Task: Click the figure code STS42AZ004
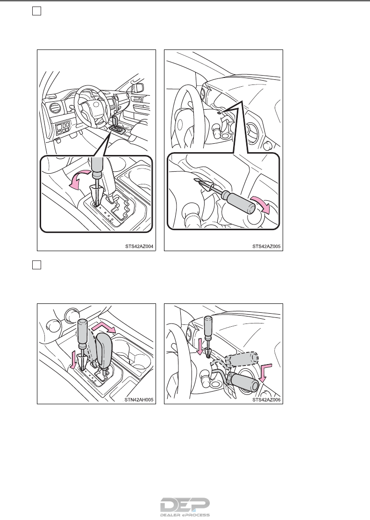[139, 246]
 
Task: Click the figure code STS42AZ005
[266, 246]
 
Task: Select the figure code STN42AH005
[139, 400]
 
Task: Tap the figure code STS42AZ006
[266, 400]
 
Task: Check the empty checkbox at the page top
[37, 11]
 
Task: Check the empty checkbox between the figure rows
[37, 265]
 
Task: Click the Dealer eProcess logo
[185, 507]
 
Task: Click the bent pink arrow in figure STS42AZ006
[265, 372]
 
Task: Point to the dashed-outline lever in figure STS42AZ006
[241, 359]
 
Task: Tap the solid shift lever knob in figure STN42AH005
[104, 351]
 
